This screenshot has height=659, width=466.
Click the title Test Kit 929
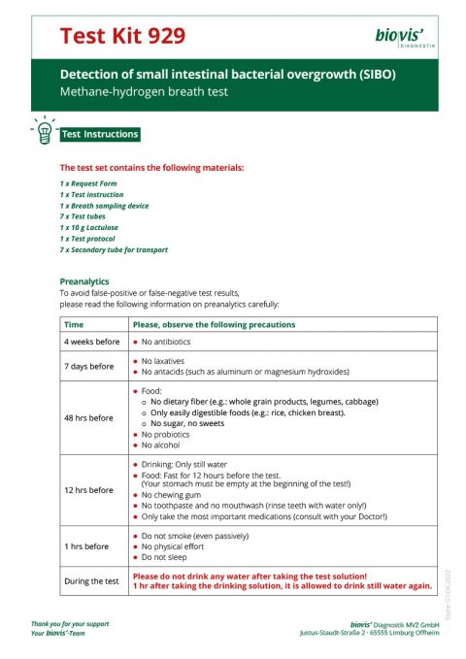click(x=122, y=36)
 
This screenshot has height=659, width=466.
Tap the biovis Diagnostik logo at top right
click(x=403, y=37)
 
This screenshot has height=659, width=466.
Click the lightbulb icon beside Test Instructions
click(x=44, y=134)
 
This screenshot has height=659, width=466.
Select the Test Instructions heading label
click(x=100, y=134)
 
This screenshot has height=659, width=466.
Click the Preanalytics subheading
click(x=84, y=280)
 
